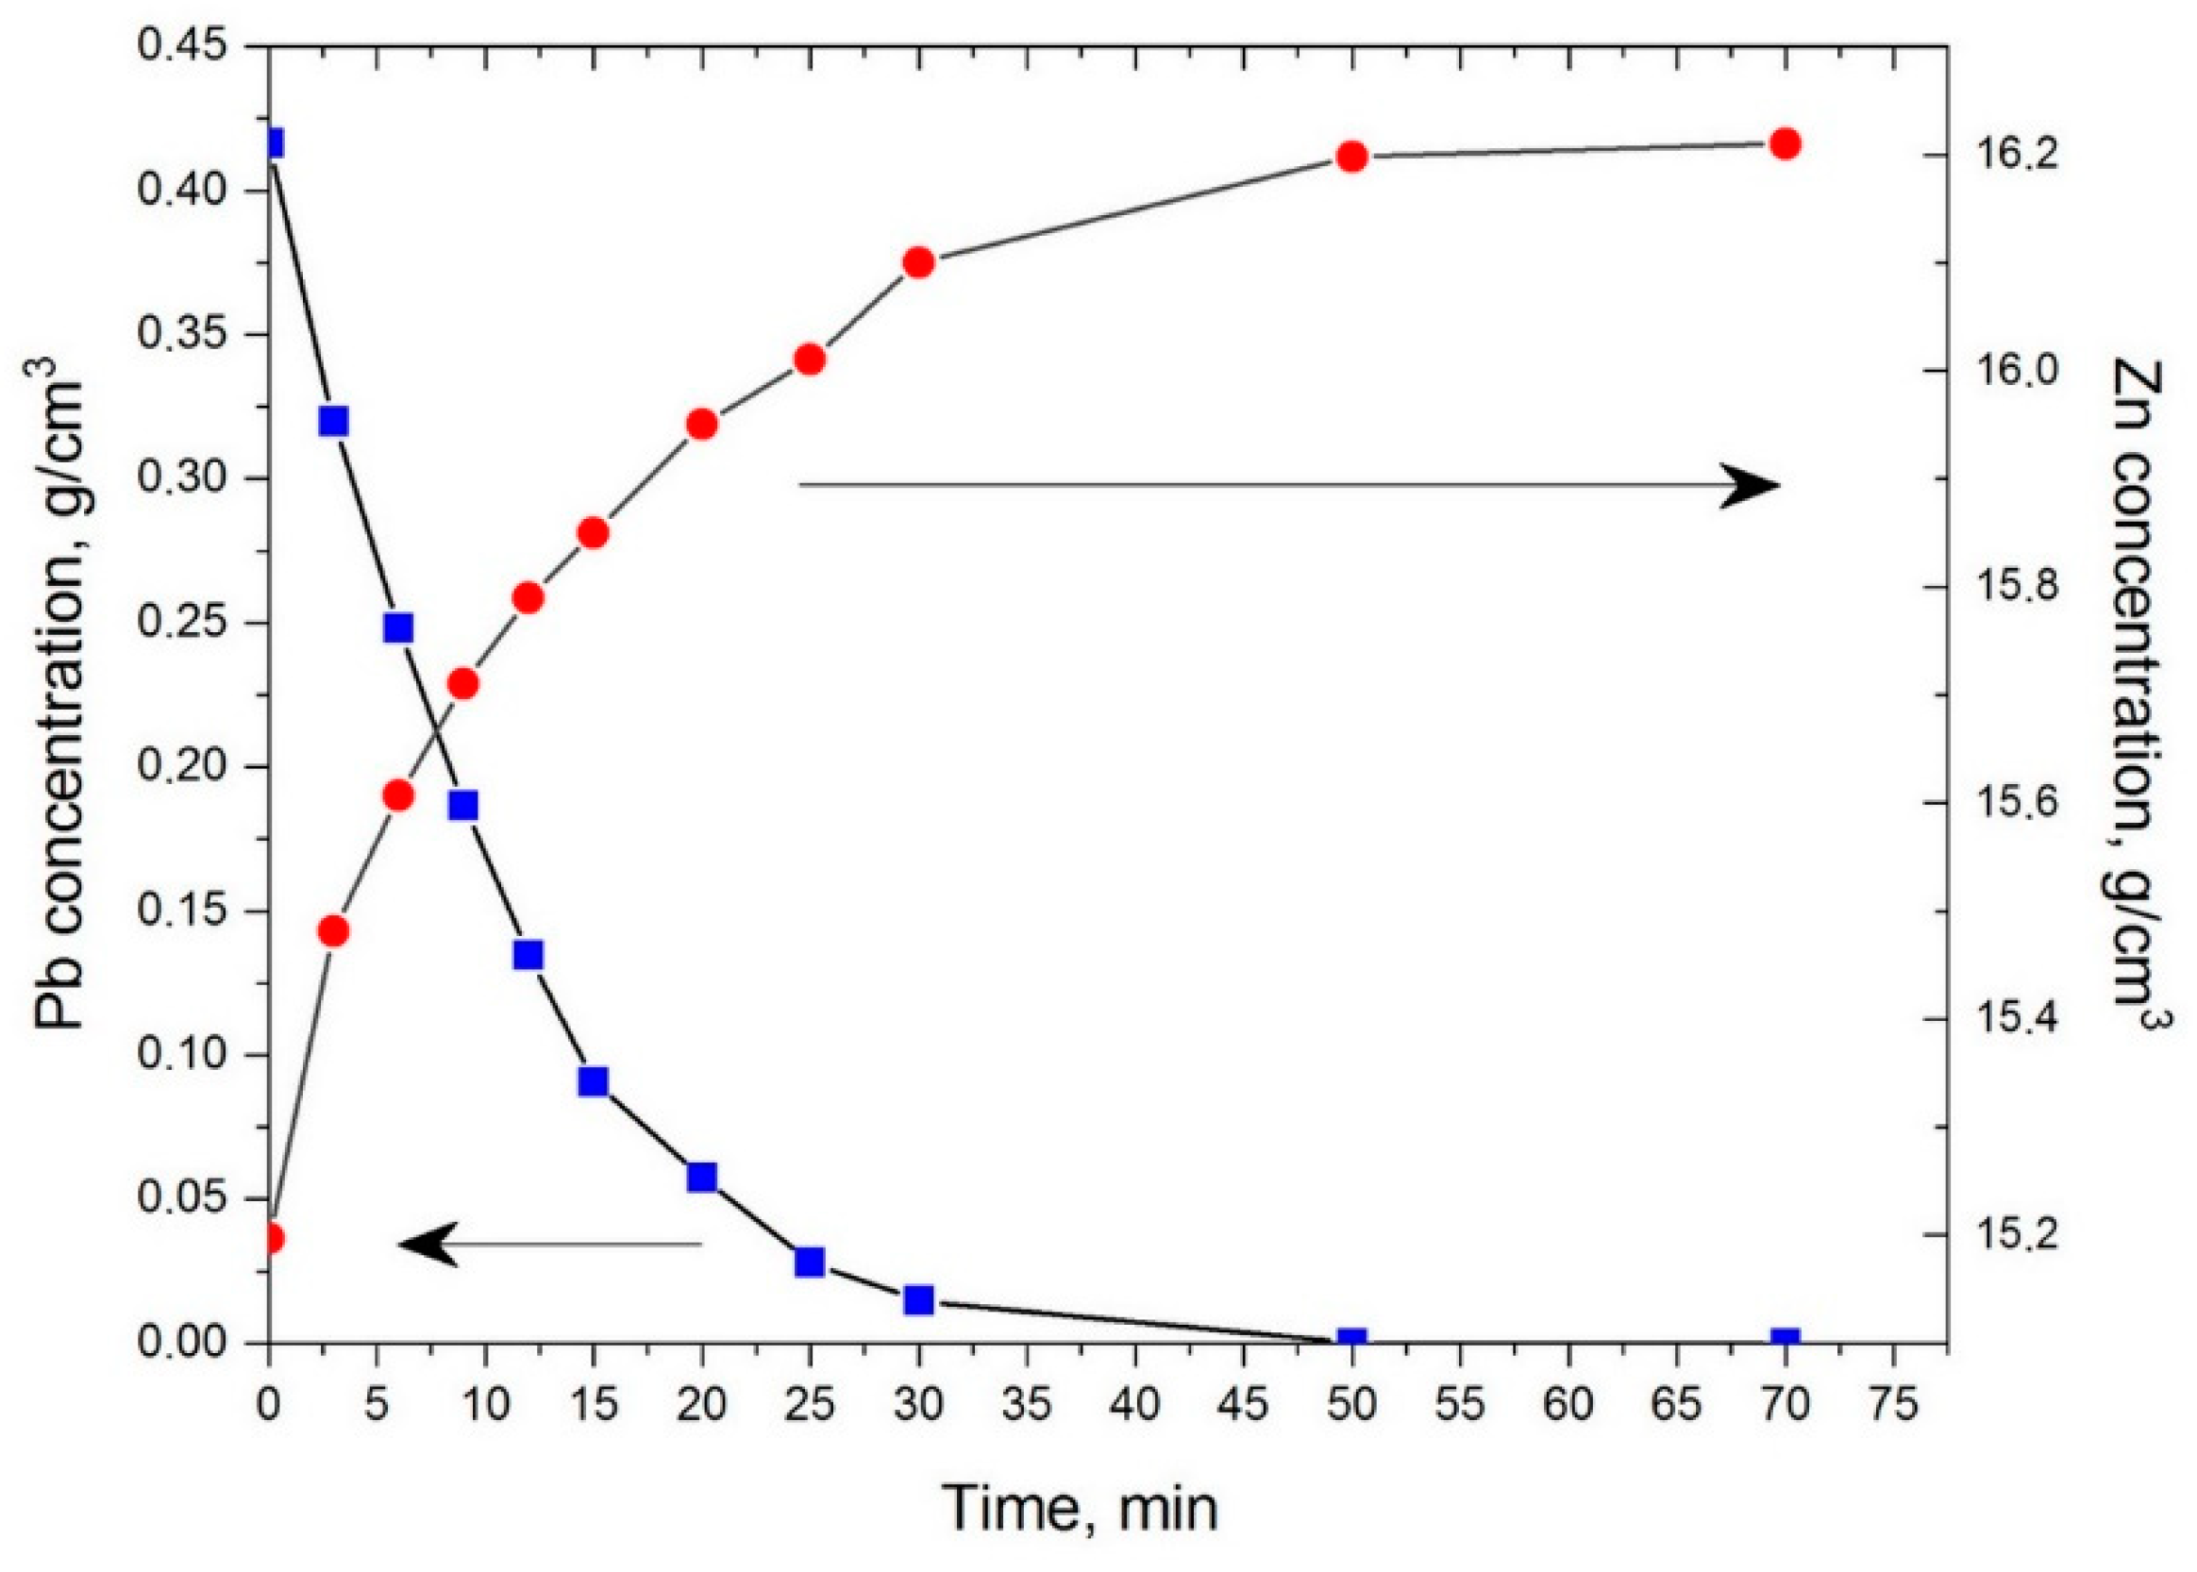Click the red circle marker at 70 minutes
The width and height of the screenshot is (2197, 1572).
1785,144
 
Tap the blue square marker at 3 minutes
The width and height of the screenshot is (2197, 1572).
334,421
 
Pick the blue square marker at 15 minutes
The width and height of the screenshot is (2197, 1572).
594,1081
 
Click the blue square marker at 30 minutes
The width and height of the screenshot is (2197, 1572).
918,1300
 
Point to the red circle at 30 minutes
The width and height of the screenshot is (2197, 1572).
918,262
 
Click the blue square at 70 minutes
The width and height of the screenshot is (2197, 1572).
1785,1341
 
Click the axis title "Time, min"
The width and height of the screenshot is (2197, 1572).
1081,1508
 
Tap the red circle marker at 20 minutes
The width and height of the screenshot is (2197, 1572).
702,425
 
